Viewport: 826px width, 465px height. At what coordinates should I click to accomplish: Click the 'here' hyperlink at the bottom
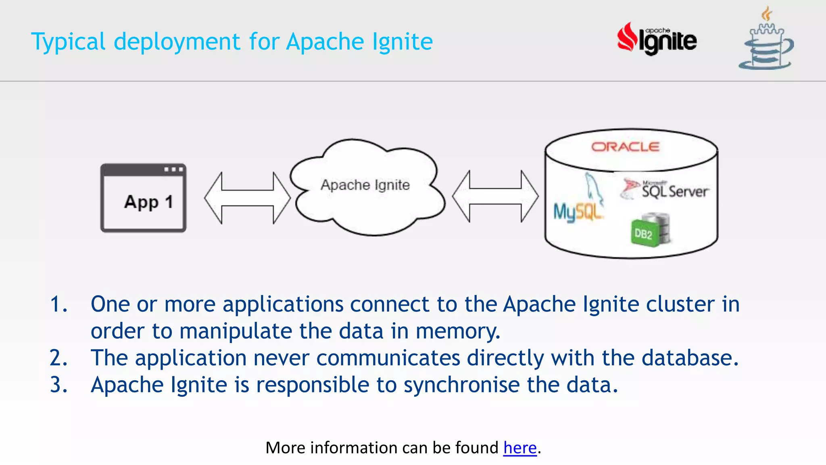coord(520,448)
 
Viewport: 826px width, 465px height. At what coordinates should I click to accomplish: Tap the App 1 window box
coord(143,198)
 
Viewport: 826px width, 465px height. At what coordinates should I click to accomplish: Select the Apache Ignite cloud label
coord(365,185)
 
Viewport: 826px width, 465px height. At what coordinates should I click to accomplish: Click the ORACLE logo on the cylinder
coord(625,147)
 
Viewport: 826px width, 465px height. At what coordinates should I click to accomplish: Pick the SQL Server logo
coord(666,189)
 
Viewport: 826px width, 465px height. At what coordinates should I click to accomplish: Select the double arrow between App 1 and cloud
coord(247,198)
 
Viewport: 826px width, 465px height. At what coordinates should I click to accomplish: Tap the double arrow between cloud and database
coord(495,197)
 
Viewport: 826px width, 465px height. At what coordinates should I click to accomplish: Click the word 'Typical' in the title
coord(68,42)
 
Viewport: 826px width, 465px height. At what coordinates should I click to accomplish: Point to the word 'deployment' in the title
coord(177,42)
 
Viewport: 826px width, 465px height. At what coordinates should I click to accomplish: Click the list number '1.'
coord(58,304)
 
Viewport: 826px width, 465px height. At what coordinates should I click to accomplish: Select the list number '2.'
coord(58,358)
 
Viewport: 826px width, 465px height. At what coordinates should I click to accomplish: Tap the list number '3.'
coord(58,385)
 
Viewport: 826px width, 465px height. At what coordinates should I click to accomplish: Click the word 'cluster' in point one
coord(680,304)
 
